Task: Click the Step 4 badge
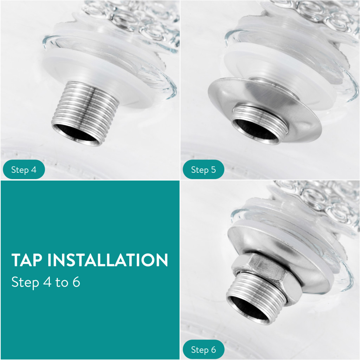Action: (x=24, y=169)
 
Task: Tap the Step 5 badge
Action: (x=204, y=169)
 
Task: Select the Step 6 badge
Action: (x=204, y=349)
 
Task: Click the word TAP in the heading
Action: (x=27, y=260)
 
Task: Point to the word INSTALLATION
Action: (x=108, y=260)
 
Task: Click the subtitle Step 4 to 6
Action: (x=46, y=282)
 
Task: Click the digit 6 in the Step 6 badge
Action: (x=213, y=349)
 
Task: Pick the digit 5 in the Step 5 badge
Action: (x=213, y=170)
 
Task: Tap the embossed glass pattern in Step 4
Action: (x=133, y=18)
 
